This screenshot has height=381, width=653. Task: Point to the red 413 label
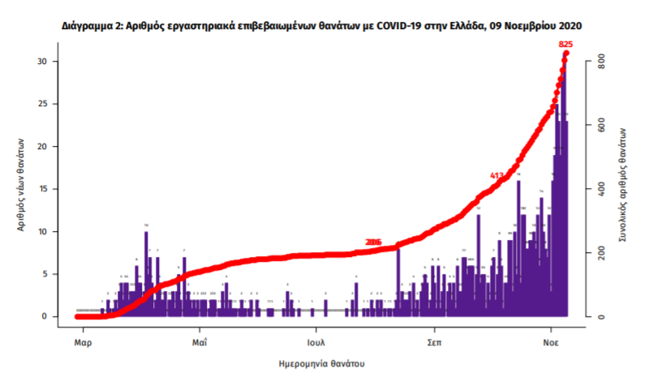click(x=498, y=175)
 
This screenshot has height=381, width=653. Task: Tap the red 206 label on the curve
click(x=373, y=242)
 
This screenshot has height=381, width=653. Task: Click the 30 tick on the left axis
click(x=47, y=62)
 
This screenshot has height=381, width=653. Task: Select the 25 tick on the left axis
click(x=47, y=104)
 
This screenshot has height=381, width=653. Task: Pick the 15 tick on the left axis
click(x=47, y=189)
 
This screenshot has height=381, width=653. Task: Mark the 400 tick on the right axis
click(x=601, y=189)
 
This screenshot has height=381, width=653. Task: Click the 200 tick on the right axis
click(x=601, y=253)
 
